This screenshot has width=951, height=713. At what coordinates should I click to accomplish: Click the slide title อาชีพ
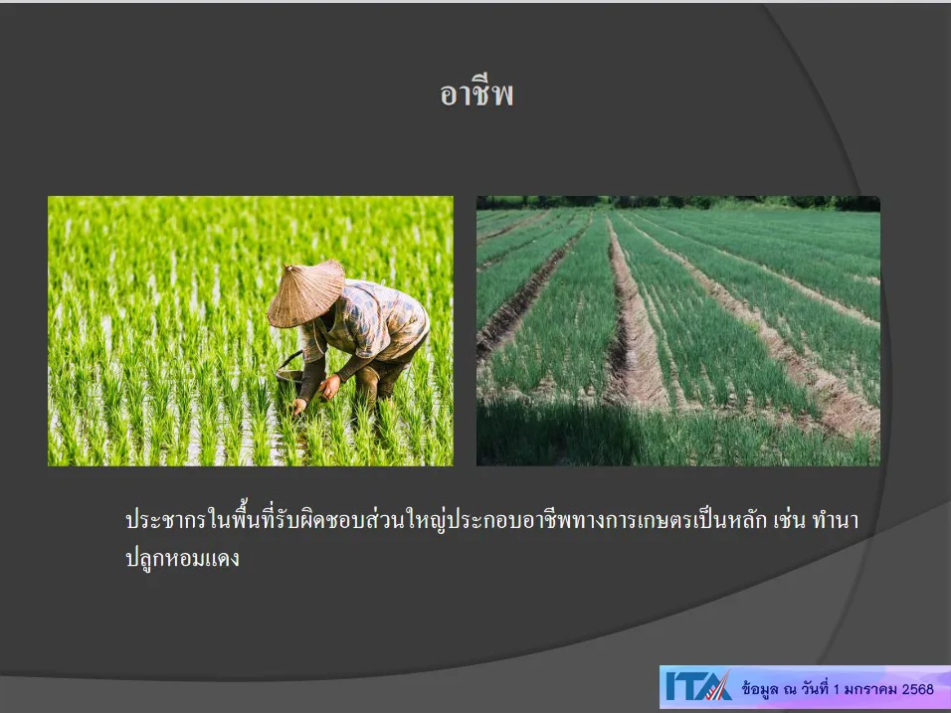476,94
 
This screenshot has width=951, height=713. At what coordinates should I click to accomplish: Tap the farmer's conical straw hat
305,294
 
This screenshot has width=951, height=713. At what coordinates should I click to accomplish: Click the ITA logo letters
698,687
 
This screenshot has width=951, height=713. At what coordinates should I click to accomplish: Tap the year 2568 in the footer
917,689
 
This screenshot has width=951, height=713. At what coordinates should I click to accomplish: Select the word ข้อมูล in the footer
760,689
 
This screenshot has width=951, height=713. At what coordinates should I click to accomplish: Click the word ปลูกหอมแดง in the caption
182,558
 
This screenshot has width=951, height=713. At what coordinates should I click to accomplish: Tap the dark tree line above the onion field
678,203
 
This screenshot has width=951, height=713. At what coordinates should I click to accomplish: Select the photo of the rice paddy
251,330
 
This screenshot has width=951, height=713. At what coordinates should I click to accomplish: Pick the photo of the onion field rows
678,330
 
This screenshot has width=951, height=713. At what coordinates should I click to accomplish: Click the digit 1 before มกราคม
837,689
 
